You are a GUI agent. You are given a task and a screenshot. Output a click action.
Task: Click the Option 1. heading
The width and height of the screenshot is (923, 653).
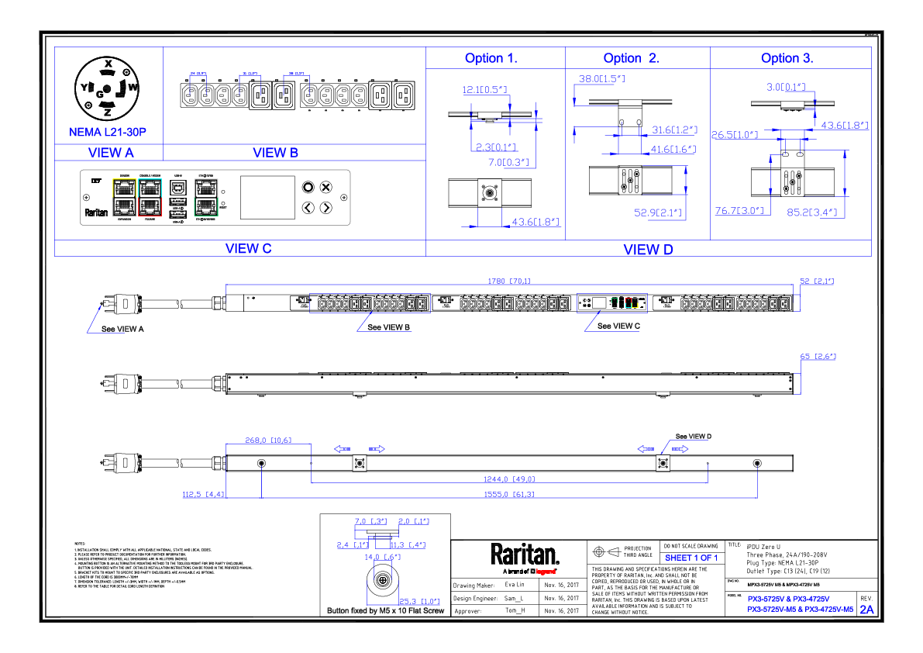point(491,58)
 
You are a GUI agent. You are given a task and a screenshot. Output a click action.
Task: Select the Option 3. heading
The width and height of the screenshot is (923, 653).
point(787,58)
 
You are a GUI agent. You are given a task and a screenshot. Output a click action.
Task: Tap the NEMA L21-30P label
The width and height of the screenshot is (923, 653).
point(108,133)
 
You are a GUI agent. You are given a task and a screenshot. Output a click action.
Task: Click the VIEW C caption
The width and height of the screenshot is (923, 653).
point(248,249)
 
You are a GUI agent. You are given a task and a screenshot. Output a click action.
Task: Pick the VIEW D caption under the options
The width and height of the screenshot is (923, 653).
point(648,249)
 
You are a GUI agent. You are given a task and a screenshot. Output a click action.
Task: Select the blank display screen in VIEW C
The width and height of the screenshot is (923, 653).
point(267,197)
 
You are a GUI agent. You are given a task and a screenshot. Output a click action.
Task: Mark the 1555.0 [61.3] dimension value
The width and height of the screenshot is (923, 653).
point(508,494)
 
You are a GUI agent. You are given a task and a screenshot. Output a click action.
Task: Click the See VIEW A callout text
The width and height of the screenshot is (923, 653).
point(123,329)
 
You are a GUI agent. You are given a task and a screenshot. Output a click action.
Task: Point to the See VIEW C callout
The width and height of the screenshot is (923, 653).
point(618,326)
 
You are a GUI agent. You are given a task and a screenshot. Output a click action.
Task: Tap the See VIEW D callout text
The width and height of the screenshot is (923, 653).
point(693,437)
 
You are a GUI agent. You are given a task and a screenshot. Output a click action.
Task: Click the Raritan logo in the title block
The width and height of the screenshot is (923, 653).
point(524,555)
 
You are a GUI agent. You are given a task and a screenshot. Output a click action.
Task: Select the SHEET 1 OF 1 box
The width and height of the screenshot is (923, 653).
point(691,558)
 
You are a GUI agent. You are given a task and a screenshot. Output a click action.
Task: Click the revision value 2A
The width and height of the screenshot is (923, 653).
point(866,610)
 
